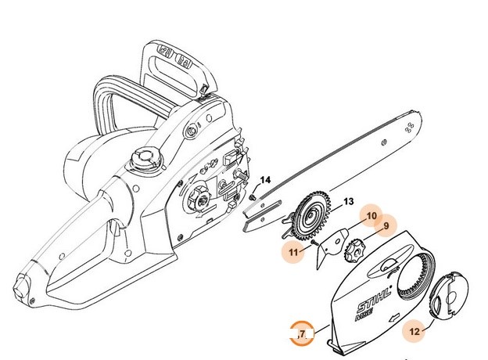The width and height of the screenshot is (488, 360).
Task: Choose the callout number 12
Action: (x=414, y=331)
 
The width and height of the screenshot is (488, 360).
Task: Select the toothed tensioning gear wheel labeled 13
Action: (x=312, y=217)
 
